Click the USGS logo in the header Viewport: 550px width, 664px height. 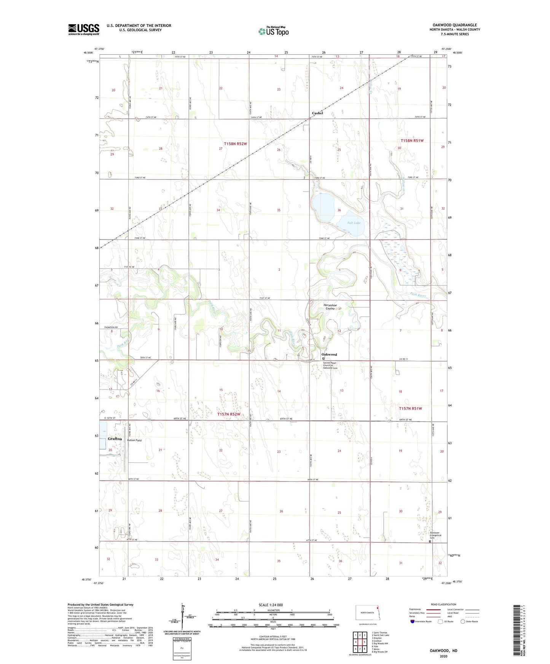click(84, 29)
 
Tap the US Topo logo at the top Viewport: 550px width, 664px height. click(273, 31)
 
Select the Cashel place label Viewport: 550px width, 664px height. click(317, 113)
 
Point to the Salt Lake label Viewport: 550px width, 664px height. click(354, 223)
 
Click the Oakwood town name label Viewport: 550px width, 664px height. click(329, 354)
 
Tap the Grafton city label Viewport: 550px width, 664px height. click(115, 439)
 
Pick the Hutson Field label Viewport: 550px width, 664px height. click(134, 440)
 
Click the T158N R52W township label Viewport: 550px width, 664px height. click(235, 144)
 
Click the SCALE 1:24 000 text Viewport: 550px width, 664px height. click(271, 605)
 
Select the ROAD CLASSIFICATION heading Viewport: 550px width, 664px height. click(443, 604)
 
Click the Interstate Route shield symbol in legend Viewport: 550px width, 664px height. click(413, 621)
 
